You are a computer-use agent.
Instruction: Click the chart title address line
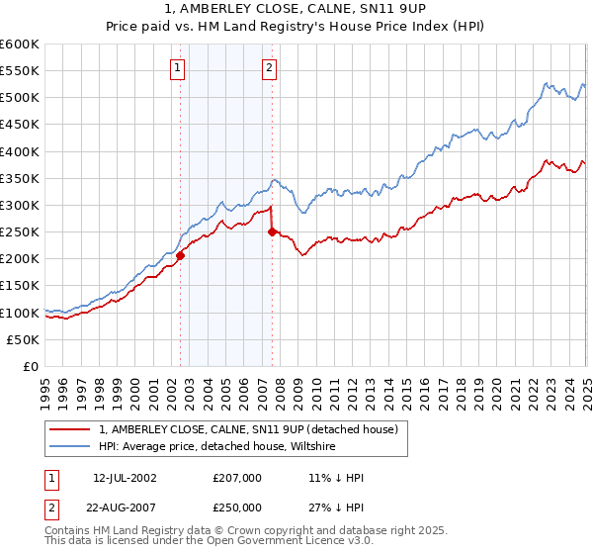tap(296, 12)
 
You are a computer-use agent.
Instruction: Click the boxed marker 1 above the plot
tap(177, 68)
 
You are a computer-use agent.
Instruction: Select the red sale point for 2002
tap(180, 255)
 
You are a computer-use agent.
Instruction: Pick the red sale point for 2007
tap(272, 232)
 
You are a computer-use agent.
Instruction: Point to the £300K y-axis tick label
tap(20, 205)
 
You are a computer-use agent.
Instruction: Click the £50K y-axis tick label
tap(23, 339)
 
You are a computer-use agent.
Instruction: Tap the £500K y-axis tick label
tap(20, 98)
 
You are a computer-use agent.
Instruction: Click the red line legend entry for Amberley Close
tap(247, 429)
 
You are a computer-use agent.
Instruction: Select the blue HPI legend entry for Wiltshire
tap(216, 446)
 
